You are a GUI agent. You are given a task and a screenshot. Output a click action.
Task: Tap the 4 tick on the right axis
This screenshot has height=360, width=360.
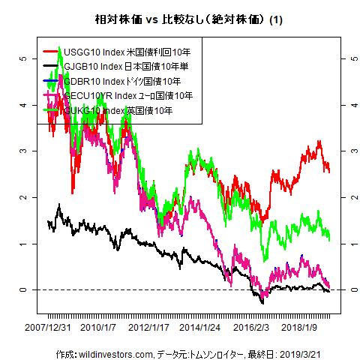344,104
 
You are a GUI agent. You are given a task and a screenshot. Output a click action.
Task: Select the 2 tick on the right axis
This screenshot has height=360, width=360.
344,197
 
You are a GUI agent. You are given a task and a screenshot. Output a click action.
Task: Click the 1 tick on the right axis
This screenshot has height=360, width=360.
344,244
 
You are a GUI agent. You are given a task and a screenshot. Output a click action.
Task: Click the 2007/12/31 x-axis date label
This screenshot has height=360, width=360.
48,328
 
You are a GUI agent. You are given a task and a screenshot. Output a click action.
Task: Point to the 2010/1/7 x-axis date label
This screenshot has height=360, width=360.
97,328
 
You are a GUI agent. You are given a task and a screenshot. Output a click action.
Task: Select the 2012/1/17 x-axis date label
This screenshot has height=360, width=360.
150,328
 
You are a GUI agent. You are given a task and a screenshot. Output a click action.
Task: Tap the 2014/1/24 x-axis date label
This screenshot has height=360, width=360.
201,328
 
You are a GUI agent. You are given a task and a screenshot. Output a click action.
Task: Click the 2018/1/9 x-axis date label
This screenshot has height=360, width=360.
302,328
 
